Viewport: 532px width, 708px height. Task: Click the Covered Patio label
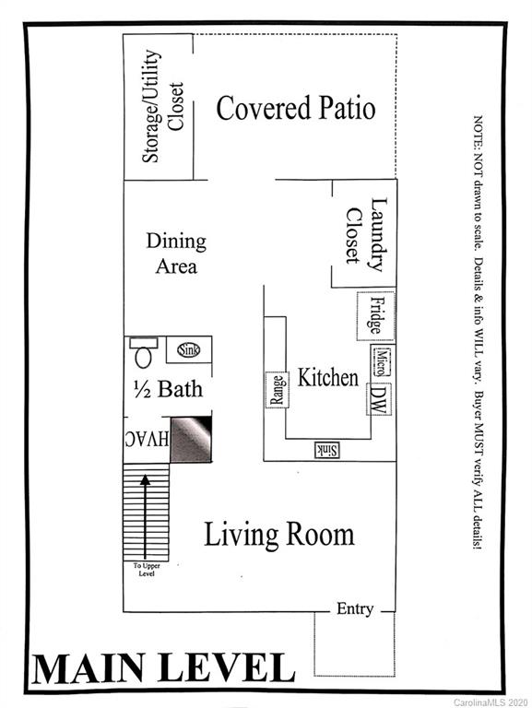pos(295,108)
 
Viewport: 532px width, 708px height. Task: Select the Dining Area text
pos(176,254)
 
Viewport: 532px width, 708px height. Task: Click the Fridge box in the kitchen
pos(375,315)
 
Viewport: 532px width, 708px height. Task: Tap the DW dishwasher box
pos(377,397)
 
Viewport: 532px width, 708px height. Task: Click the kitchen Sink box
pos(326,449)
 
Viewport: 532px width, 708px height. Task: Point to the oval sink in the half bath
pos(188,349)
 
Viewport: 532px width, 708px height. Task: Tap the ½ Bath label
pos(167,388)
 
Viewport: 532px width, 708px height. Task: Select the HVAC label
pos(147,440)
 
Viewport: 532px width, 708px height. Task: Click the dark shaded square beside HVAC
pos(192,439)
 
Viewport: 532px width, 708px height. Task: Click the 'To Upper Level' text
pos(145,571)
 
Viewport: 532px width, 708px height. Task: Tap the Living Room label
pos(278,535)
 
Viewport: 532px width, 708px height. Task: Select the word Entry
pos(355,608)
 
